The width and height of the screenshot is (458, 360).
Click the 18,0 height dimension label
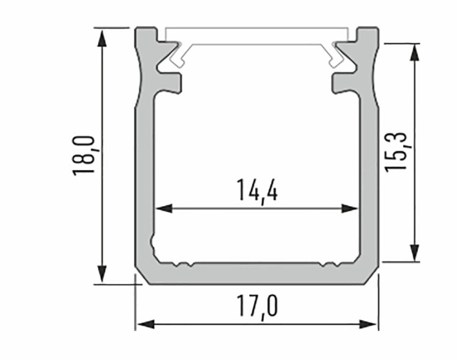(x=84, y=156)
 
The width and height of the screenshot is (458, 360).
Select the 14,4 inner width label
(x=256, y=192)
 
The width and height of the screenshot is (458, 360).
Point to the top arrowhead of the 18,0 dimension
(x=102, y=37)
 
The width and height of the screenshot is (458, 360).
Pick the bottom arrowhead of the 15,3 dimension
(x=415, y=251)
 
